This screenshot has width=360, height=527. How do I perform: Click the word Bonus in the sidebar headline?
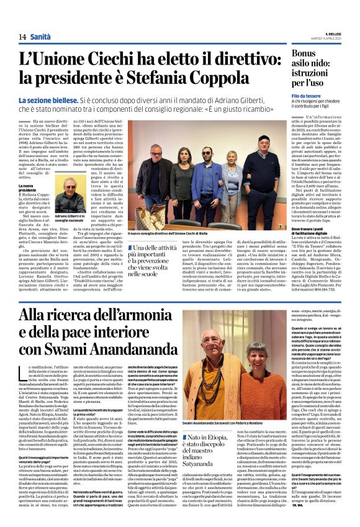tap(305, 53)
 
